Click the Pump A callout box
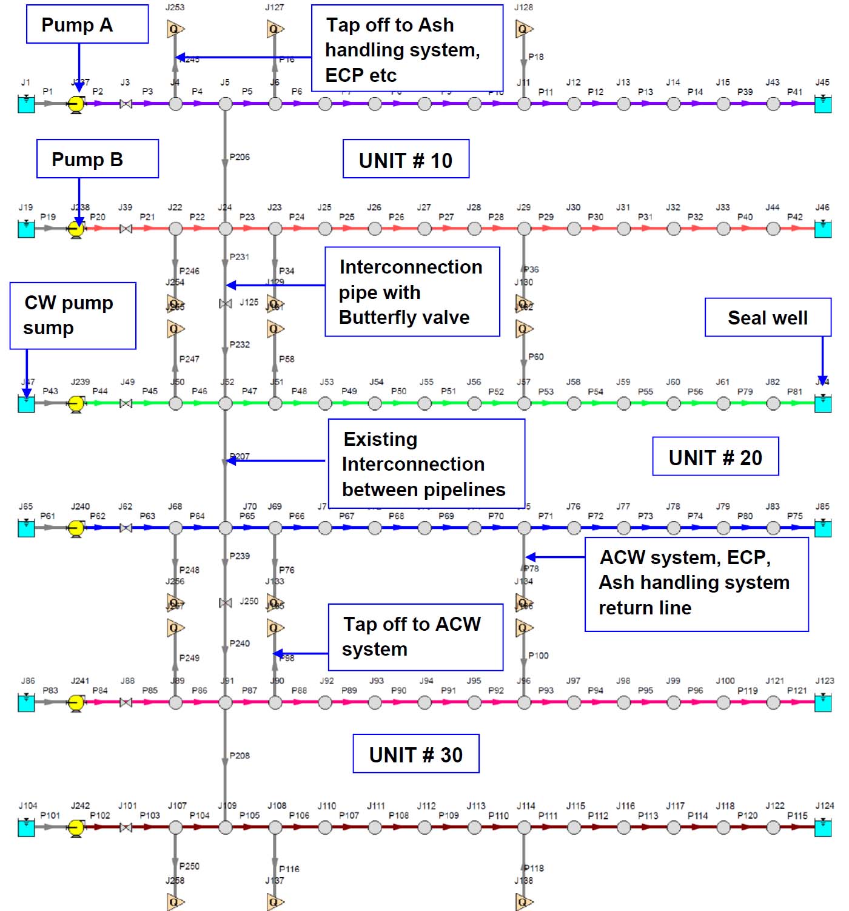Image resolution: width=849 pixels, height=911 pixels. (x=87, y=24)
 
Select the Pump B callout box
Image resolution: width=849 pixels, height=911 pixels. (x=98, y=159)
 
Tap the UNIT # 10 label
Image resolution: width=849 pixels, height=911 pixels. (x=406, y=160)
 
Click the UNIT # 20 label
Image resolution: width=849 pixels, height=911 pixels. (x=715, y=457)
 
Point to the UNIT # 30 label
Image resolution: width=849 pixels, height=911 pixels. (x=416, y=754)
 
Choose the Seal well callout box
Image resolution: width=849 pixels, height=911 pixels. (x=767, y=317)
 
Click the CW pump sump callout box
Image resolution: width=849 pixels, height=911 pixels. (x=73, y=315)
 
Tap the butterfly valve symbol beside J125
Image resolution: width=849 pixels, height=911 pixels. (x=225, y=303)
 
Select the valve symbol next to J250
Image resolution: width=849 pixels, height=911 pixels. (x=225, y=602)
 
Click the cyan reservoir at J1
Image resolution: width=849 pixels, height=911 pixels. (x=26, y=104)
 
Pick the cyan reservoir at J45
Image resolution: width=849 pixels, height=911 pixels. (x=822, y=104)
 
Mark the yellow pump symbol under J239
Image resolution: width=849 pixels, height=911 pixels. (x=76, y=403)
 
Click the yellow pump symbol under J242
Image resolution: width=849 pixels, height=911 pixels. (x=76, y=827)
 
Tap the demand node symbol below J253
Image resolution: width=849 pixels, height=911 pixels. (x=175, y=29)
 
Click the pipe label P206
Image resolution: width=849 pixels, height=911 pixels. (x=240, y=157)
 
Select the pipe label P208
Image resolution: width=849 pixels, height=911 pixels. (x=240, y=756)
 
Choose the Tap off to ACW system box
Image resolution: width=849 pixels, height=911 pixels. (x=415, y=637)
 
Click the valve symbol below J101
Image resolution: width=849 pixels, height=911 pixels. (x=126, y=827)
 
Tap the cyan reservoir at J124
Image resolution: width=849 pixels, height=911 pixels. (x=822, y=827)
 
